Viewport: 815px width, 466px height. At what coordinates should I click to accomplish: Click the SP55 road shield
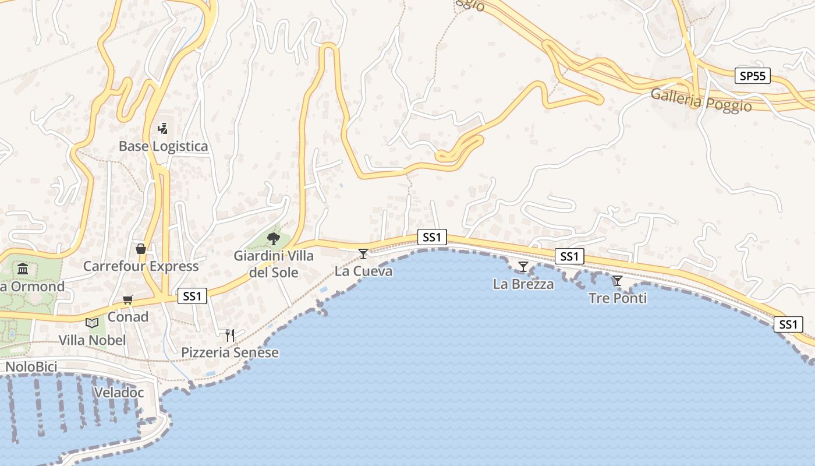pyautogui.click(x=752, y=76)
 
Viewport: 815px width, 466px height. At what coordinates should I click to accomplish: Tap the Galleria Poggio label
pyautogui.click(x=701, y=100)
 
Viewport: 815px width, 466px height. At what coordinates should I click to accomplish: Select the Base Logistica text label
pyautogui.click(x=163, y=146)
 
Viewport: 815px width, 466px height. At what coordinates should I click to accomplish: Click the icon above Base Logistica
pyautogui.click(x=163, y=128)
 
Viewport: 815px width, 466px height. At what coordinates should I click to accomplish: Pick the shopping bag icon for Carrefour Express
pyautogui.click(x=140, y=249)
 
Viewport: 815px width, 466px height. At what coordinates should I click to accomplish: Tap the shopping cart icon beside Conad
pyautogui.click(x=127, y=300)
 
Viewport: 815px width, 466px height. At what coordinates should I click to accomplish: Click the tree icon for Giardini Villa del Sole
pyautogui.click(x=273, y=238)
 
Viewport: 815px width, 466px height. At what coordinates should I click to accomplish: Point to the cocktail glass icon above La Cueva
pyautogui.click(x=363, y=253)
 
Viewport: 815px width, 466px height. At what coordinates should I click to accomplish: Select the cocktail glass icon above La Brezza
pyautogui.click(x=523, y=267)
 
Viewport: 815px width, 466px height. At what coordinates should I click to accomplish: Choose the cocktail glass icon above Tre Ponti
pyautogui.click(x=617, y=281)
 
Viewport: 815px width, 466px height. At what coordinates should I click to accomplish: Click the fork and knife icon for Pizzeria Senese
pyautogui.click(x=230, y=335)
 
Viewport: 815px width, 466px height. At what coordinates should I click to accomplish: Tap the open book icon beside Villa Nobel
pyautogui.click(x=92, y=323)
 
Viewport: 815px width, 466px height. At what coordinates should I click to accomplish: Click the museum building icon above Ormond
pyautogui.click(x=23, y=269)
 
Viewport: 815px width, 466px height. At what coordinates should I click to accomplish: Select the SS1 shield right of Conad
pyautogui.click(x=192, y=296)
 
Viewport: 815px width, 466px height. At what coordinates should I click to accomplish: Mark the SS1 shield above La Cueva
pyautogui.click(x=432, y=237)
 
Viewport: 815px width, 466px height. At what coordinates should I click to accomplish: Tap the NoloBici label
pyautogui.click(x=31, y=367)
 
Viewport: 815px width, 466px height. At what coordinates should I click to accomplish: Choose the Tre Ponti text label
pyautogui.click(x=618, y=298)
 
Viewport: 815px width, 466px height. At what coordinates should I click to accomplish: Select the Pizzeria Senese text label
pyautogui.click(x=230, y=352)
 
